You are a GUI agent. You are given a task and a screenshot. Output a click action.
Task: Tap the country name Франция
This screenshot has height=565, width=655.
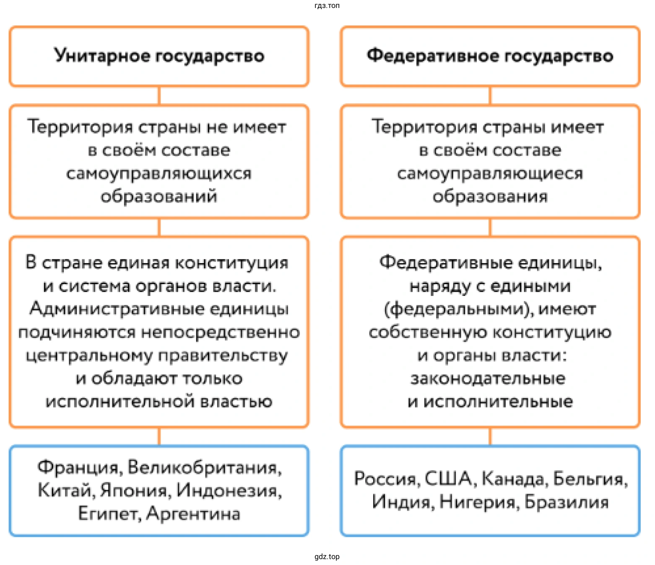(x=79, y=467)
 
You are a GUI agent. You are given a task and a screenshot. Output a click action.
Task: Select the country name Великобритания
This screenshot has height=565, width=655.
(x=204, y=467)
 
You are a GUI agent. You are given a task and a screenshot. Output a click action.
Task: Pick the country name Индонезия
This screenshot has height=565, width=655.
(x=229, y=490)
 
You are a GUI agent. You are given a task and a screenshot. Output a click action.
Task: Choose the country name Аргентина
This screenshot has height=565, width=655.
(x=193, y=513)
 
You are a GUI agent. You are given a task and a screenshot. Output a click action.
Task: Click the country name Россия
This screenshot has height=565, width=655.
(x=385, y=479)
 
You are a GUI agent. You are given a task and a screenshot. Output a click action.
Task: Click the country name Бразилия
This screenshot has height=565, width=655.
(x=567, y=502)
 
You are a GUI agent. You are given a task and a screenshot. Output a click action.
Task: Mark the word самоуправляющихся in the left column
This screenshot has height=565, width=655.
(x=159, y=173)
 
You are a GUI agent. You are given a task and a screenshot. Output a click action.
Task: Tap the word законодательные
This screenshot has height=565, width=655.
(x=488, y=379)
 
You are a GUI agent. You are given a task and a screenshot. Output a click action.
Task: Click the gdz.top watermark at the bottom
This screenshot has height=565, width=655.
(x=327, y=557)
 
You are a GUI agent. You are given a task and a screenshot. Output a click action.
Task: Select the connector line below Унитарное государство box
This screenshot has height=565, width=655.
(x=159, y=96)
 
